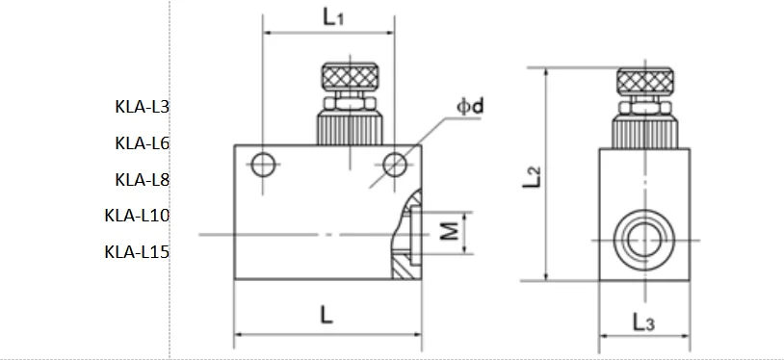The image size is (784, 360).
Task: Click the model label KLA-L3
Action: click(x=143, y=107)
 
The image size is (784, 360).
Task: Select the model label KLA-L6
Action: click(x=143, y=143)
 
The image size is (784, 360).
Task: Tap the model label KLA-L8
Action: click(x=143, y=179)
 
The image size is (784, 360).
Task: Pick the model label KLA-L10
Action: click(x=137, y=215)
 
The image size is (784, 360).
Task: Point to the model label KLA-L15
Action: click(x=137, y=251)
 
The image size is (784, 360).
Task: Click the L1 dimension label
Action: click(x=333, y=17)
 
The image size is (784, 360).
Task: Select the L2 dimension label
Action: click(x=532, y=176)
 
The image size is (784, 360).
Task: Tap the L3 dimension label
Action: click(x=643, y=322)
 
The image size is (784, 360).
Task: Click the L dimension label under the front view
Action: click(x=327, y=315)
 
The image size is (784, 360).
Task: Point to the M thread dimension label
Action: click(x=450, y=232)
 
